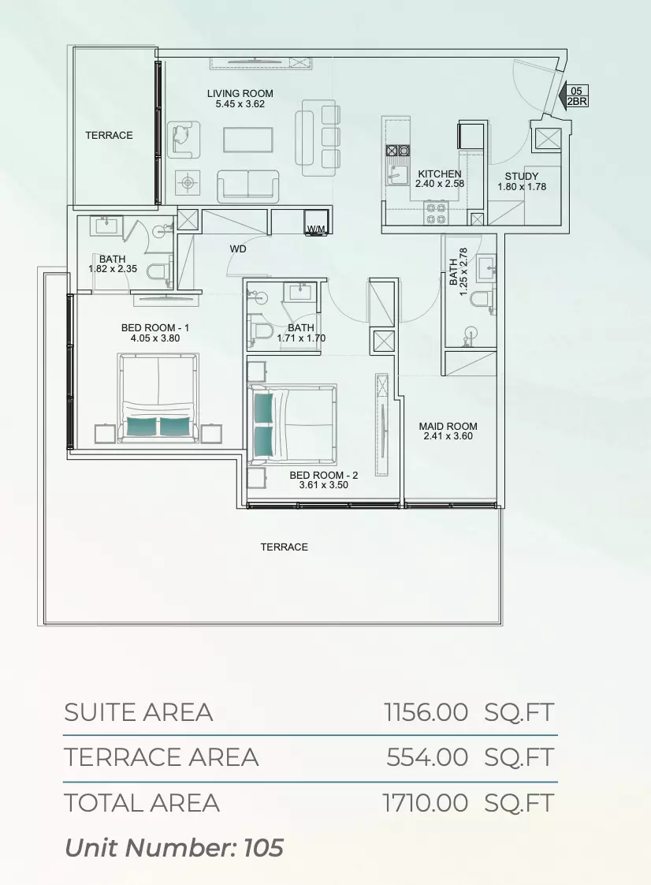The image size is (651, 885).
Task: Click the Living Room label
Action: coord(240,94)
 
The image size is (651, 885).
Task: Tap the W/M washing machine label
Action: coord(316,230)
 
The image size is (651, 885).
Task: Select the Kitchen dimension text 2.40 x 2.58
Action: coord(440,184)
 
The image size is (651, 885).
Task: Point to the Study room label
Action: coord(521,176)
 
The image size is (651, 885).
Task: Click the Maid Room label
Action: coord(448,426)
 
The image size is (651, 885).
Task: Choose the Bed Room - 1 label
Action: coord(155,328)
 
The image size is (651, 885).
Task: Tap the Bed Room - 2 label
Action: coord(324,476)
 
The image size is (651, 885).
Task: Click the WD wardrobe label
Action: coord(238,249)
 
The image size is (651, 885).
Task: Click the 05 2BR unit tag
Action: coord(577,96)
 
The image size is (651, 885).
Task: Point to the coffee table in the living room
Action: coord(248,140)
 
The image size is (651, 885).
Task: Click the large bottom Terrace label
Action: coord(285,547)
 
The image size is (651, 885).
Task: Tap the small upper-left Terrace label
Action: coord(109,136)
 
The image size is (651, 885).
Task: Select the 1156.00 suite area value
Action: coord(426,712)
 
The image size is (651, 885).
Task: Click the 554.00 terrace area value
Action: coord(427,757)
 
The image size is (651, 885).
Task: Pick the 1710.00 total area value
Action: coord(426,803)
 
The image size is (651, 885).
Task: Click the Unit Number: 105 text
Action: coord(173,848)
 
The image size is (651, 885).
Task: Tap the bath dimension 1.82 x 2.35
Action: coord(112,269)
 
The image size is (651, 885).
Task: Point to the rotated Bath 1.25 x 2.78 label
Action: coord(458,272)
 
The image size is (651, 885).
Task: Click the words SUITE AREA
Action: coord(138,712)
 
